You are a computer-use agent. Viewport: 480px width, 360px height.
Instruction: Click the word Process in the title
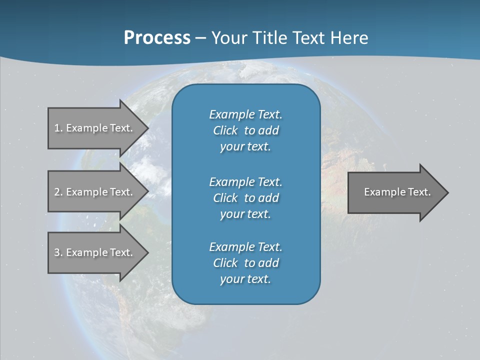point(157,38)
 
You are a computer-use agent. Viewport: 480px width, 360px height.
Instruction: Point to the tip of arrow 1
point(147,128)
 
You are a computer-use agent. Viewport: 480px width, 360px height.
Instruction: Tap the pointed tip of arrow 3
point(147,252)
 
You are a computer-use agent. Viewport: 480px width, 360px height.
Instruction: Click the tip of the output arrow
point(447,192)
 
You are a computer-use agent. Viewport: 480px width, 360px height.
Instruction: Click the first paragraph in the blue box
point(245,130)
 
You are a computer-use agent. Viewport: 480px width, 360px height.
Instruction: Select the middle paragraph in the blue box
point(245,198)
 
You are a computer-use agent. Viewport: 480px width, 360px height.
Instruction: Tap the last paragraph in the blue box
point(245,263)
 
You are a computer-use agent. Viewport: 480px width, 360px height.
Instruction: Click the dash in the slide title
point(200,38)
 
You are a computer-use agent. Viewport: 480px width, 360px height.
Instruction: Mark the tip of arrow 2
point(147,192)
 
